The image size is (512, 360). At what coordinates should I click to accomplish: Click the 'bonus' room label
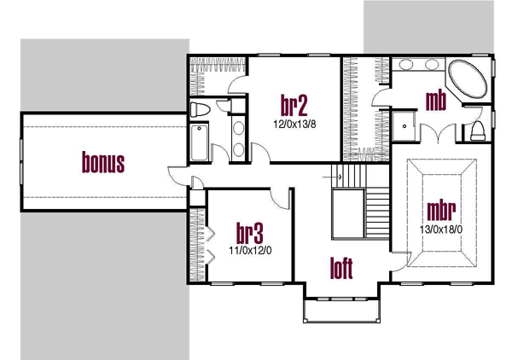click(x=103, y=161)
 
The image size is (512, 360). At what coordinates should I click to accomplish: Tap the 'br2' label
click(x=294, y=106)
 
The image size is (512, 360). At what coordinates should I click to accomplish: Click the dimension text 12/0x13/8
click(x=294, y=124)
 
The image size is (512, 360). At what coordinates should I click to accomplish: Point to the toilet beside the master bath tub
click(x=479, y=130)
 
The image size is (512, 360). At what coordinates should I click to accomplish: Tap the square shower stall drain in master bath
click(x=404, y=124)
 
